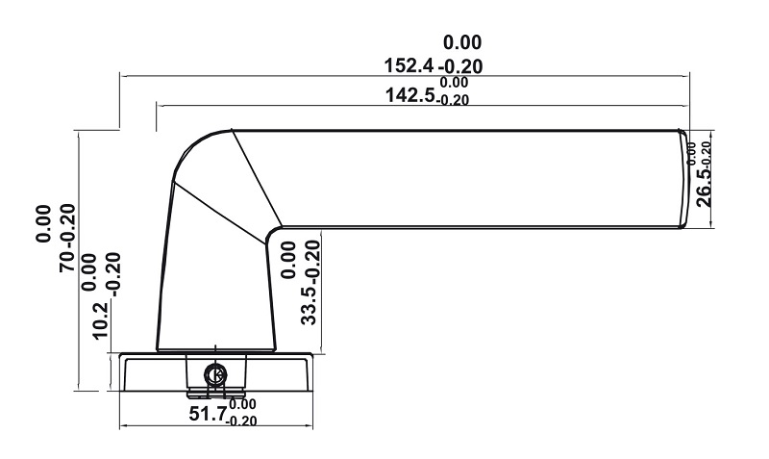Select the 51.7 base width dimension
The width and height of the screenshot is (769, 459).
[x=208, y=414]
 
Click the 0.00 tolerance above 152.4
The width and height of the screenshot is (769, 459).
[x=461, y=42]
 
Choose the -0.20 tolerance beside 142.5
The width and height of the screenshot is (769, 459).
[x=454, y=100]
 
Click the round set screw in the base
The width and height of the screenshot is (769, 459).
[x=216, y=374]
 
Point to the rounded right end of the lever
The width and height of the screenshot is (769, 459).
[x=684, y=179]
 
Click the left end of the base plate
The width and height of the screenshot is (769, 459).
[x=122, y=371]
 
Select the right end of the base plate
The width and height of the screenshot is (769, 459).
[x=310, y=371]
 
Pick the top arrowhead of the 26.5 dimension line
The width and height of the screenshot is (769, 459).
[x=710, y=132]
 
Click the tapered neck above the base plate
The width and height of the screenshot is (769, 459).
[x=216, y=289]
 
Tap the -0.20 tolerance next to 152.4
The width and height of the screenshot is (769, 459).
[x=459, y=66]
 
